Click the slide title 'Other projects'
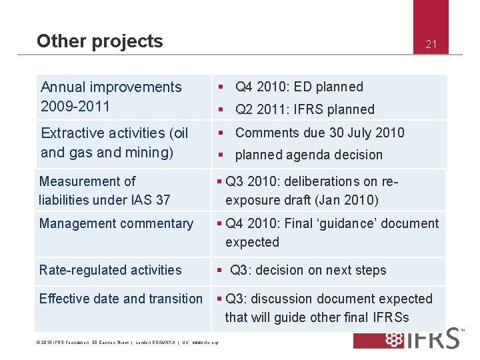[x=99, y=41]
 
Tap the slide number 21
[x=431, y=45]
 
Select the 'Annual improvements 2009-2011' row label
[x=111, y=97]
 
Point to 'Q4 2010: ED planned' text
[x=299, y=87]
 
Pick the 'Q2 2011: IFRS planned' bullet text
[x=305, y=109]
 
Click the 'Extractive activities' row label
[x=114, y=143]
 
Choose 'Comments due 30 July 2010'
[x=319, y=133]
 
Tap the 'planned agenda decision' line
[x=309, y=155]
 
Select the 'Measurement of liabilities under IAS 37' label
[x=105, y=190]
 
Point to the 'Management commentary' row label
[x=116, y=223]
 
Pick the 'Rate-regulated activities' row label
[x=110, y=270]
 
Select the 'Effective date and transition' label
[x=121, y=299]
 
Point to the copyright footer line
[x=126, y=344]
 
